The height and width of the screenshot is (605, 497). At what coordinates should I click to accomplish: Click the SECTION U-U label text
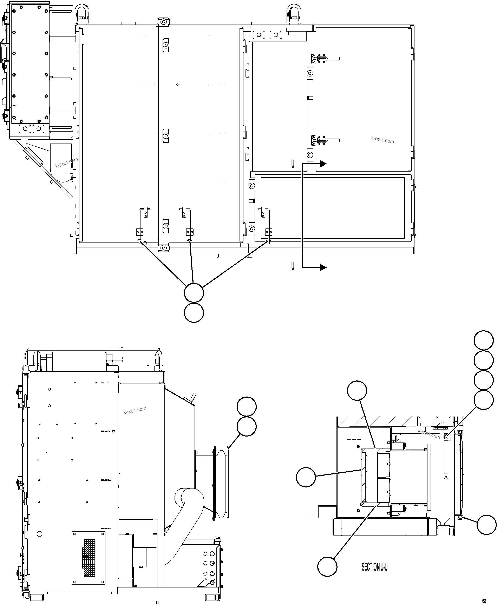coord(374,567)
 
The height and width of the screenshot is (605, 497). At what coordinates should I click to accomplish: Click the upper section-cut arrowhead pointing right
coord(323,164)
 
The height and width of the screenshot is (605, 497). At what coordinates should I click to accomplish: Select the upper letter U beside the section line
coord(293,164)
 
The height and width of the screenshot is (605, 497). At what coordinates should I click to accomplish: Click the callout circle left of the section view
coord(306,477)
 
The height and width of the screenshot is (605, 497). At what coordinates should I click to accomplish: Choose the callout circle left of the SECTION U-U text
coord(327,566)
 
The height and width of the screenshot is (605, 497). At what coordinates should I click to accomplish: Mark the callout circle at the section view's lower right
coord(486,525)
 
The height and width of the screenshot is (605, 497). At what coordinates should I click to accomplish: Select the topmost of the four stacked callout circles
coord(484,340)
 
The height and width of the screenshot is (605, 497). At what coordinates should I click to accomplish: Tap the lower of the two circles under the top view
coord(194,313)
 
